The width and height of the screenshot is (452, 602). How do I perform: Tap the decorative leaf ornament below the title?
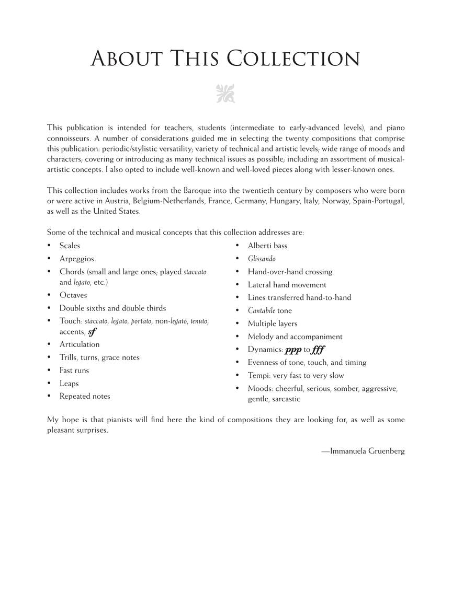tap(225, 94)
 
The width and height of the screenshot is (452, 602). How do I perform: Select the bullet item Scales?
tap(70, 246)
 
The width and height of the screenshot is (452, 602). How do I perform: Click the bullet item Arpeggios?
tap(76, 259)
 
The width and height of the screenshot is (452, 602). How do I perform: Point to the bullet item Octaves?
tap(73, 295)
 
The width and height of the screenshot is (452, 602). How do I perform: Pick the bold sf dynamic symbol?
tap(93, 332)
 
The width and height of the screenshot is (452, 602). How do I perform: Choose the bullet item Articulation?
tap(80, 344)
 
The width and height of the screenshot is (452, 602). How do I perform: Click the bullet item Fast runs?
tap(74, 371)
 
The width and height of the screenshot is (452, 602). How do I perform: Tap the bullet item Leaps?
tap(69, 384)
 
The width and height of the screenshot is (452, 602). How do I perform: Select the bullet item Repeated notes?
tap(85, 396)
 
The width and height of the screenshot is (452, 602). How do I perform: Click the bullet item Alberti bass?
tap(267, 246)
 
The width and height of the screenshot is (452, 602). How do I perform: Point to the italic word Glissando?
tap(262, 259)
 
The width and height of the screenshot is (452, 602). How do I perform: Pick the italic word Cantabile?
tap(261, 310)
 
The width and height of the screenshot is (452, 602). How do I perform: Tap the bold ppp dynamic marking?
tap(293, 350)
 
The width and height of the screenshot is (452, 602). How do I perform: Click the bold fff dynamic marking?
tap(319, 350)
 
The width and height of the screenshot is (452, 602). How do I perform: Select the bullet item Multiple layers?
tap(273, 323)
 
